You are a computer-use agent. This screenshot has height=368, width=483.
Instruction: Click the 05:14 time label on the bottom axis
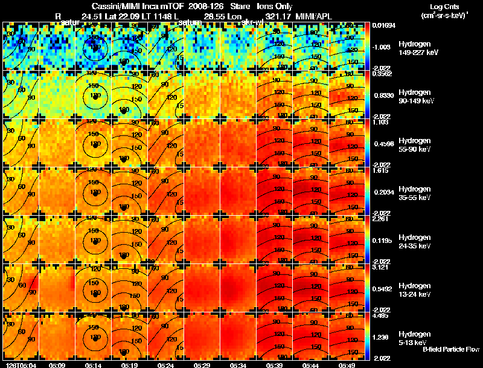click(94, 365)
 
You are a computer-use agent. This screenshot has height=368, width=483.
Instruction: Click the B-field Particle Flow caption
click(450, 349)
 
